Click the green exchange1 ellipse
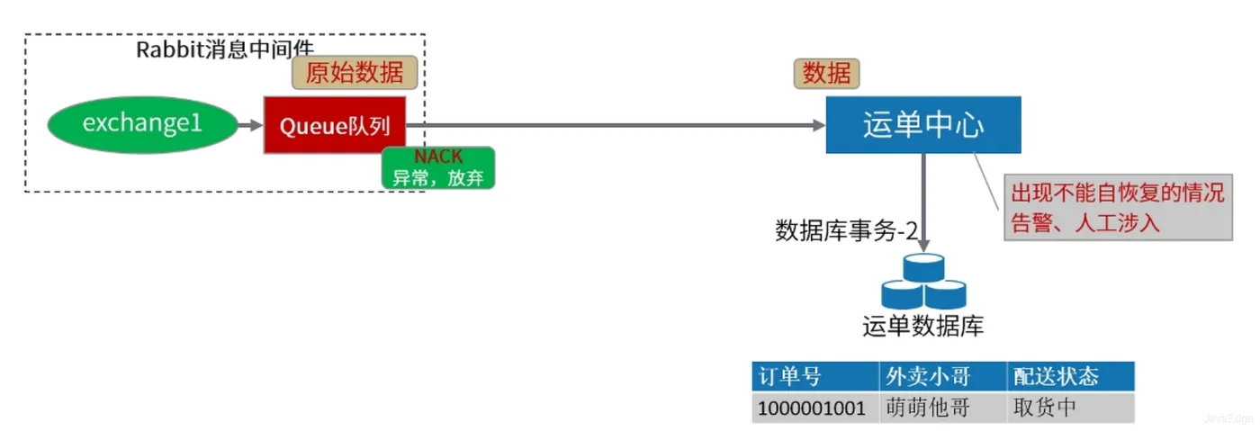click(142, 124)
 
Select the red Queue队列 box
click(335, 125)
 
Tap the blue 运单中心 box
click(923, 125)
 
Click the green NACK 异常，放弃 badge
click(438, 167)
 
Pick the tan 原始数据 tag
click(355, 73)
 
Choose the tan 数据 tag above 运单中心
click(826, 74)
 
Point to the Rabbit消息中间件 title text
click(225, 49)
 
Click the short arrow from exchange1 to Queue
click(250, 125)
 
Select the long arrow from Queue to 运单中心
click(616, 125)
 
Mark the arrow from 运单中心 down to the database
click(923, 202)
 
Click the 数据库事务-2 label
click(846, 230)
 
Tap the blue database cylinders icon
click(923, 281)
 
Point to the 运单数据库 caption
click(923, 327)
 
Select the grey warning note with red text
click(1118, 208)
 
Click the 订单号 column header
click(815, 376)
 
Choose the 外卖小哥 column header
click(943, 376)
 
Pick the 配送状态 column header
click(1070, 376)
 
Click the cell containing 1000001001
click(815, 408)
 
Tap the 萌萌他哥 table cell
click(943, 408)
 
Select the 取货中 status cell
click(1070, 408)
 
